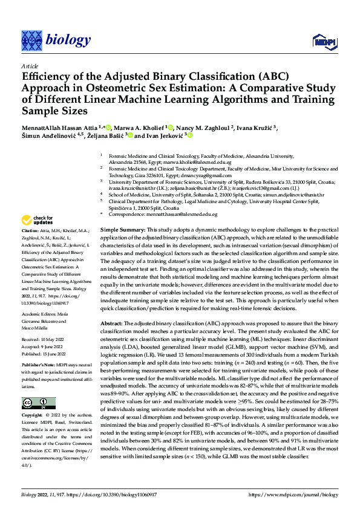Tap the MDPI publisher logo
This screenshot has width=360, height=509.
tap(321, 41)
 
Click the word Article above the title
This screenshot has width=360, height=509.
tap(30, 66)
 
